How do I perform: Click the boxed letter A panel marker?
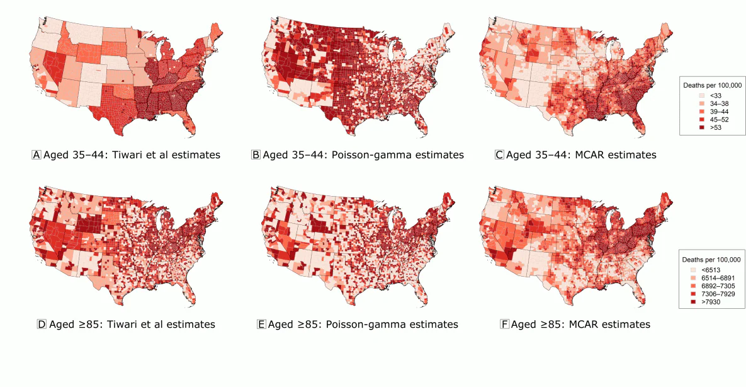[x=37, y=154]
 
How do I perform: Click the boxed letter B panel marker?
[x=256, y=154]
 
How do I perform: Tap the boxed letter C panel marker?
[x=499, y=154]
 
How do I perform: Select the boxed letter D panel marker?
[x=42, y=325]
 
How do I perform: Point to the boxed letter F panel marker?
[x=504, y=325]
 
